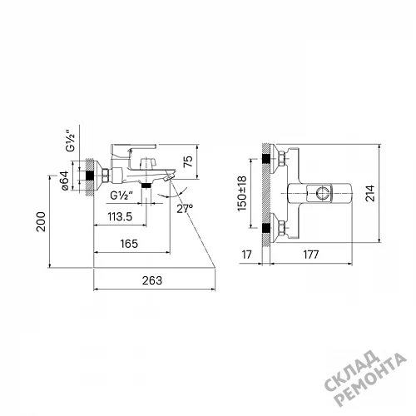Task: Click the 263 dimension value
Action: tap(152, 280)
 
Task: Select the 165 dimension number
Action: tap(129, 244)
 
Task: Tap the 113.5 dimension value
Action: tap(120, 216)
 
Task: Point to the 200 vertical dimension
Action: tap(42, 221)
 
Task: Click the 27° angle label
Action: tap(185, 209)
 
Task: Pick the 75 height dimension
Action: tap(188, 161)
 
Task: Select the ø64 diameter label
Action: tap(64, 181)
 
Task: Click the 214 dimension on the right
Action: tap(370, 193)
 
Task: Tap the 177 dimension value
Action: tap(311, 255)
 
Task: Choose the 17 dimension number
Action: tap(246, 255)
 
